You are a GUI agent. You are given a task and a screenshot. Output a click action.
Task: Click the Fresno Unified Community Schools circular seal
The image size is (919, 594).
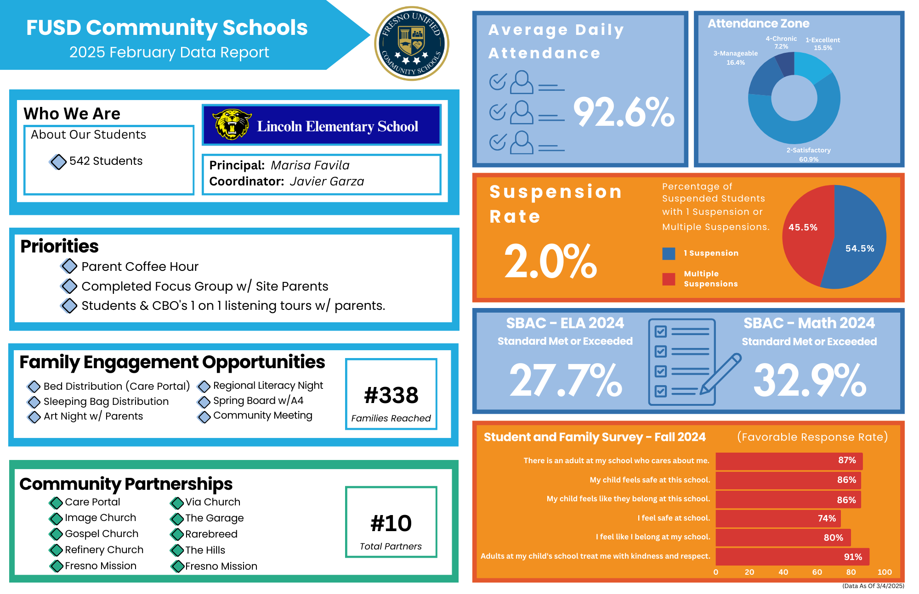(411, 44)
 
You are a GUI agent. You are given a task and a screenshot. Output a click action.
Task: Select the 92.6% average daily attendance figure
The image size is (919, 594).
(624, 112)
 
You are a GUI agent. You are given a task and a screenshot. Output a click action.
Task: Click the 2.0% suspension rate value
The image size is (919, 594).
(550, 261)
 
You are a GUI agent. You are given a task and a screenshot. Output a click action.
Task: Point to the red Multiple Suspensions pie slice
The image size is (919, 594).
(806, 234)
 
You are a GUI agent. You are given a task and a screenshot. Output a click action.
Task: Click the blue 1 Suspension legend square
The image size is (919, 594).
(669, 253)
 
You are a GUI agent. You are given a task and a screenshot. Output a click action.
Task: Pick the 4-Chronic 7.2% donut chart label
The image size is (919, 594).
(781, 43)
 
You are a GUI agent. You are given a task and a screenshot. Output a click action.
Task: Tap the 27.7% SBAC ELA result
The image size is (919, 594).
(566, 380)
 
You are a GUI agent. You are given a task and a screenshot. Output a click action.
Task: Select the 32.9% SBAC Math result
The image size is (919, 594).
(810, 380)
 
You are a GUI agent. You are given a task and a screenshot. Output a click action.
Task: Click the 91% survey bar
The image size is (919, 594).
(792, 557)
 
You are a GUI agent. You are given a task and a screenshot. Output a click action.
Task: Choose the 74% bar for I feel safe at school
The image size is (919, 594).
(777, 518)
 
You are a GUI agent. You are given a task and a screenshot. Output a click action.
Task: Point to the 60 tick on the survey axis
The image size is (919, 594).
(817, 572)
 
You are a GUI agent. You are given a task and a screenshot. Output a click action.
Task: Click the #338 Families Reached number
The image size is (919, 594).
(391, 395)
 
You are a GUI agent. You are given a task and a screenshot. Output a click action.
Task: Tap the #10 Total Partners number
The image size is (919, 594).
(391, 523)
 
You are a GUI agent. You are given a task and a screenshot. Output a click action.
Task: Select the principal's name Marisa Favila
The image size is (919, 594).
(310, 165)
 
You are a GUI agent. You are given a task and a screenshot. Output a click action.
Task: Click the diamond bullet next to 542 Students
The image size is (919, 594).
(58, 162)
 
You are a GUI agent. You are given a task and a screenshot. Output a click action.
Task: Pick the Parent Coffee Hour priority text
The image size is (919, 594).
(140, 267)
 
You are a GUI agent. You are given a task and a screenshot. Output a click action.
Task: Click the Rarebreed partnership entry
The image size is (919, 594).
(211, 534)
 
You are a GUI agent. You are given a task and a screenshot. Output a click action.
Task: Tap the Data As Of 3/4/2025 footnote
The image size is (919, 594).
(873, 586)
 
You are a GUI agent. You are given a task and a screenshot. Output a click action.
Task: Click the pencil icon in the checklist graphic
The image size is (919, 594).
(720, 374)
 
